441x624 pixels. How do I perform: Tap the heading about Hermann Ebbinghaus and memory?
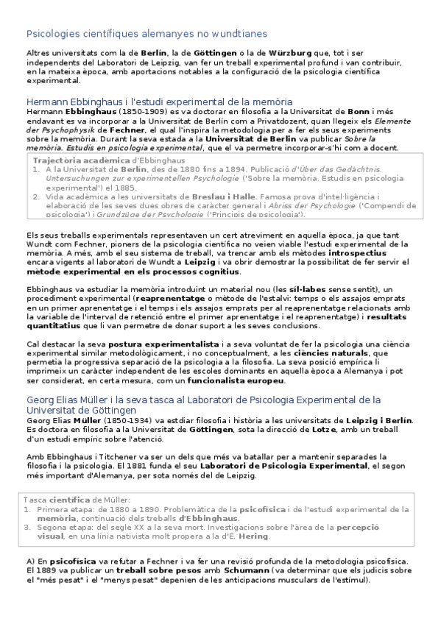click(x=159, y=102)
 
